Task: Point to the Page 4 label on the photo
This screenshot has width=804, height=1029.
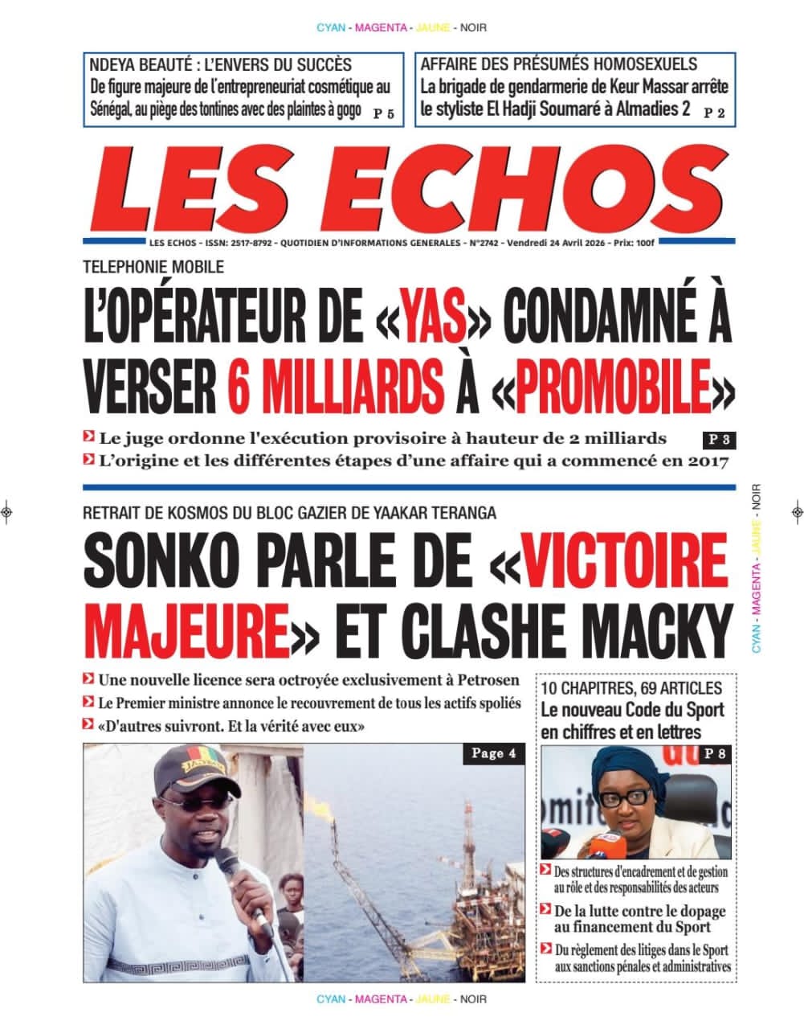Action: tap(494, 753)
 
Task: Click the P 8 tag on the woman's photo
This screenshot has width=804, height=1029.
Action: tap(715, 753)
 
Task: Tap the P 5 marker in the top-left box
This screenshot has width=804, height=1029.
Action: tap(384, 114)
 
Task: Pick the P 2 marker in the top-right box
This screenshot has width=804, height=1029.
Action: tap(714, 113)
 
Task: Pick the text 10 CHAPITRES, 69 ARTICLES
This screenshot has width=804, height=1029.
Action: tap(631, 688)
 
